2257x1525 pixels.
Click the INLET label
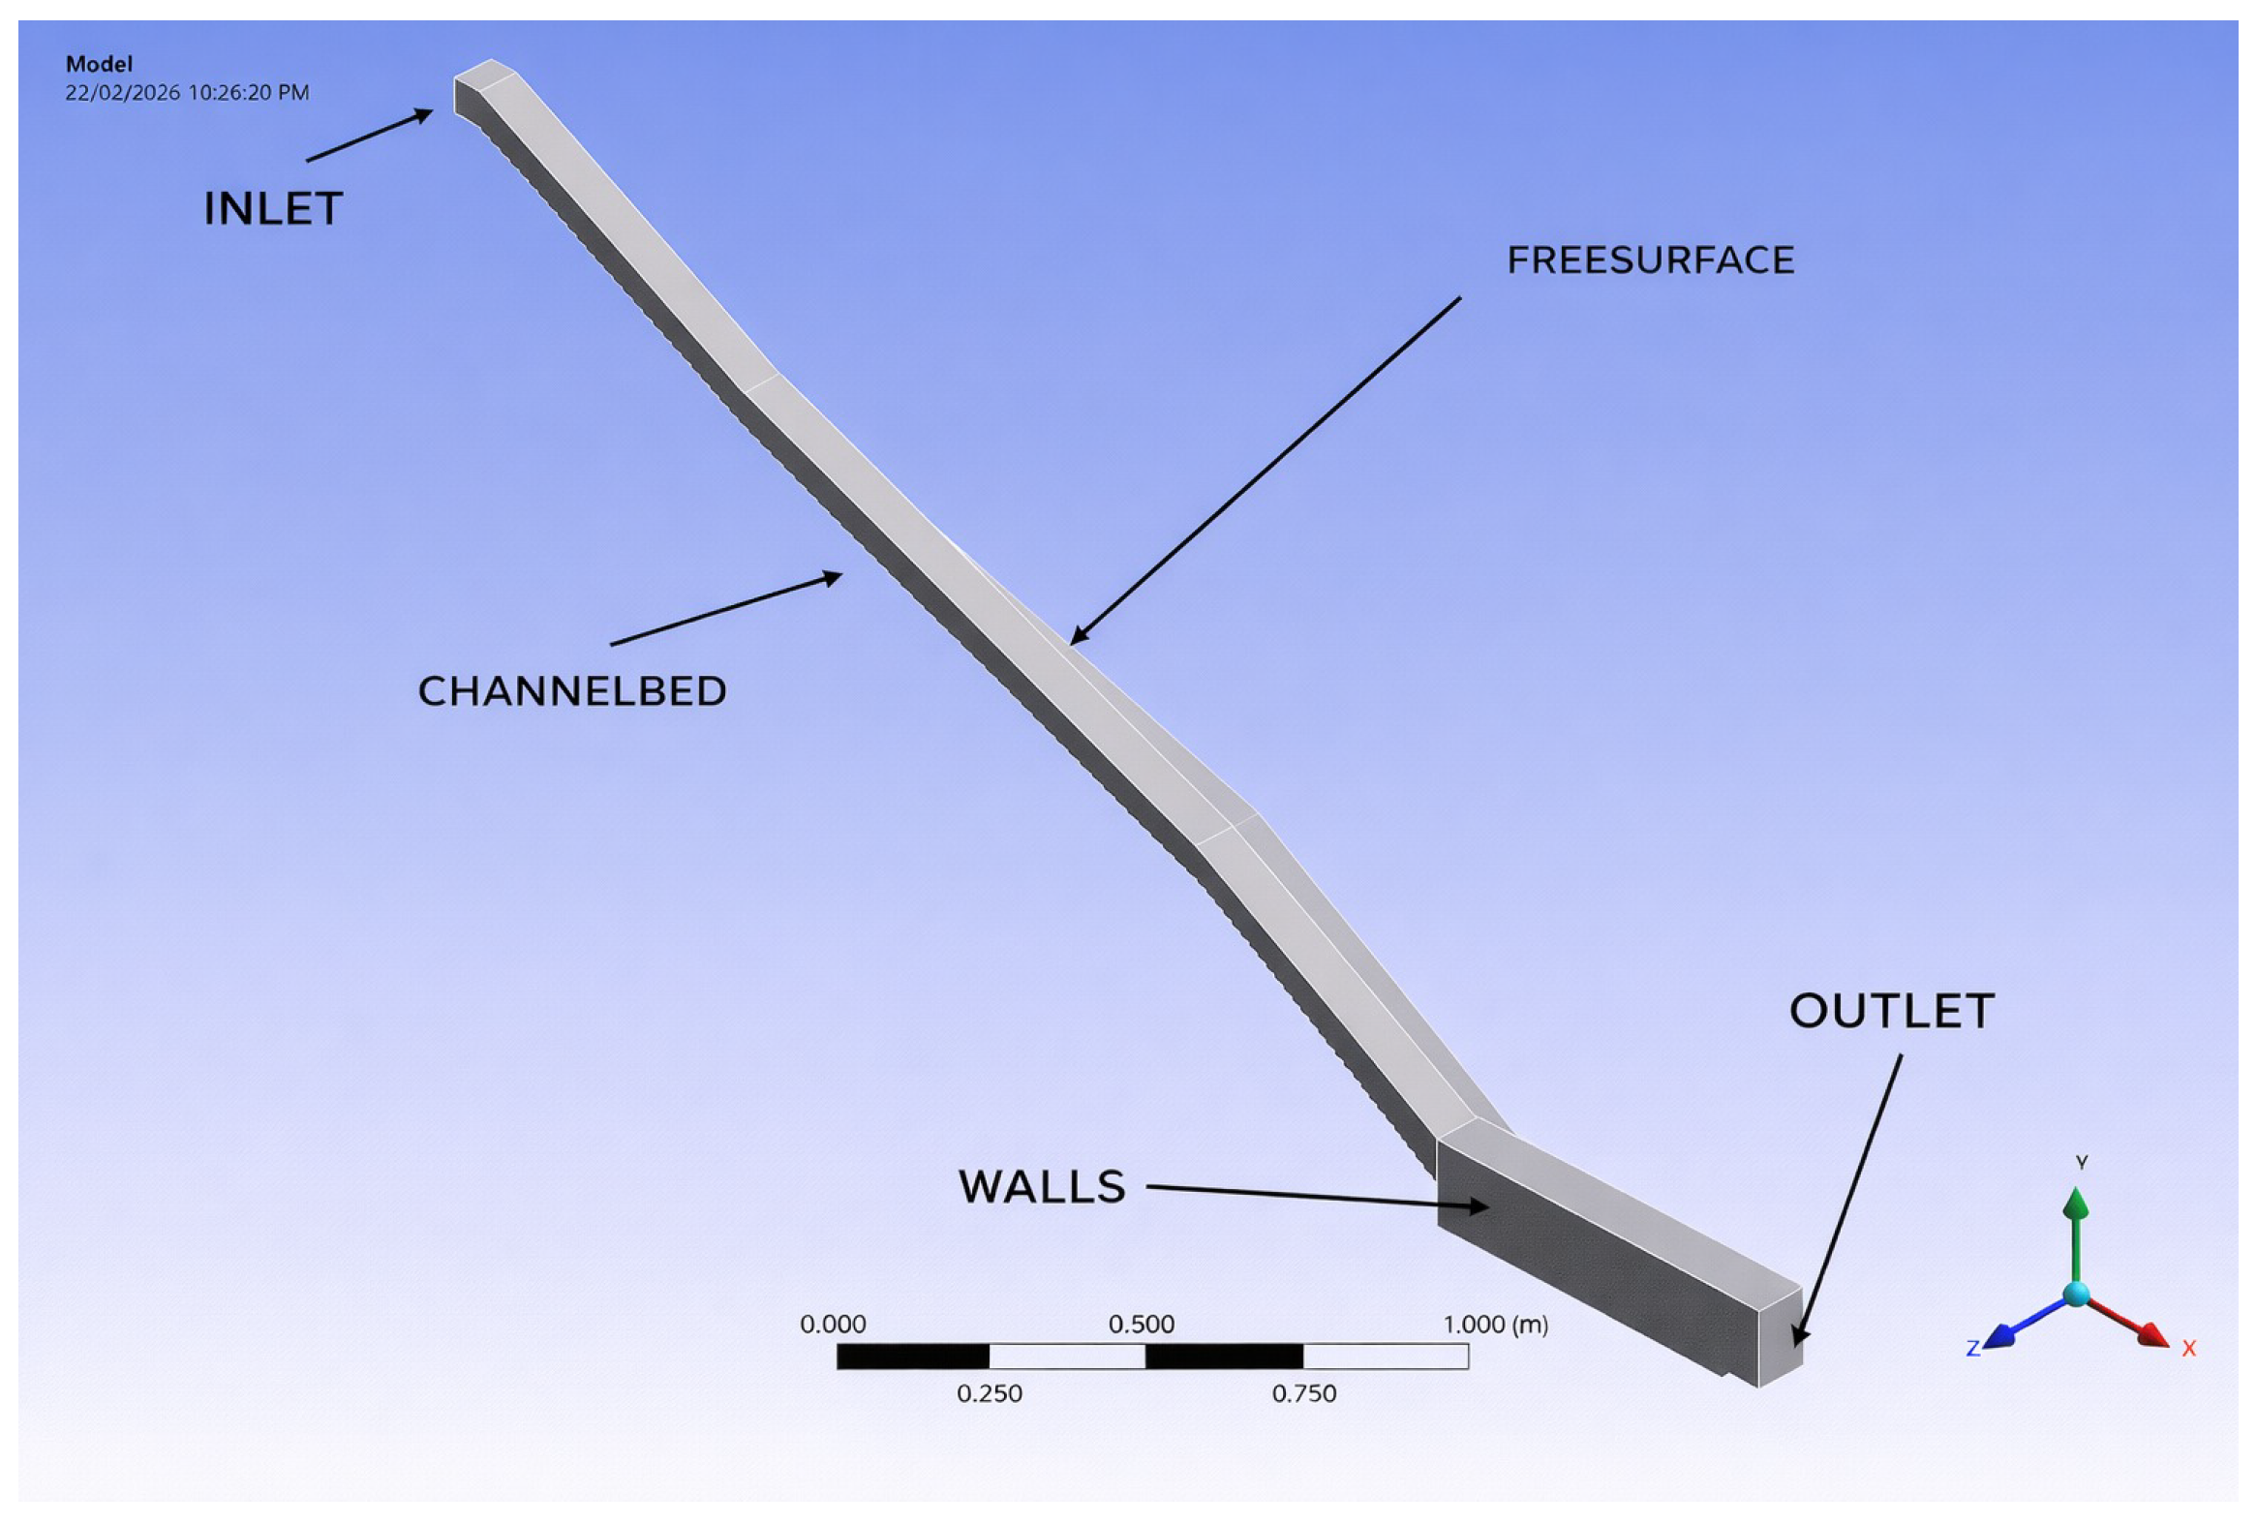[x=272, y=209]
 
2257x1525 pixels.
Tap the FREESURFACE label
[x=1650, y=260]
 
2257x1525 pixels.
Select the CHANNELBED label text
[x=572, y=691]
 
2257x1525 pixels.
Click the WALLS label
[x=1042, y=1187]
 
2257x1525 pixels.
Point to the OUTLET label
[x=1892, y=1011]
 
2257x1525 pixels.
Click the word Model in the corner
[x=99, y=64]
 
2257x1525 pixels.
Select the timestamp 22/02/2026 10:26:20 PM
[x=188, y=93]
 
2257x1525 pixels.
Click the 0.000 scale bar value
[x=834, y=1324]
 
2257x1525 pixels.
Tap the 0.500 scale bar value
[x=1143, y=1324]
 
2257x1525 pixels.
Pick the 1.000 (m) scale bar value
[x=1496, y=1324]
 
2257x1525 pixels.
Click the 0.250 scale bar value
[x=990, y=1394]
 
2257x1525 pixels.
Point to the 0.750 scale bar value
[x=1304, y=1394]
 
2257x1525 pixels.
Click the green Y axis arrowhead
[x=2076, y=1205]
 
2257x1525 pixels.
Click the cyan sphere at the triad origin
[x=2076, y=1294]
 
